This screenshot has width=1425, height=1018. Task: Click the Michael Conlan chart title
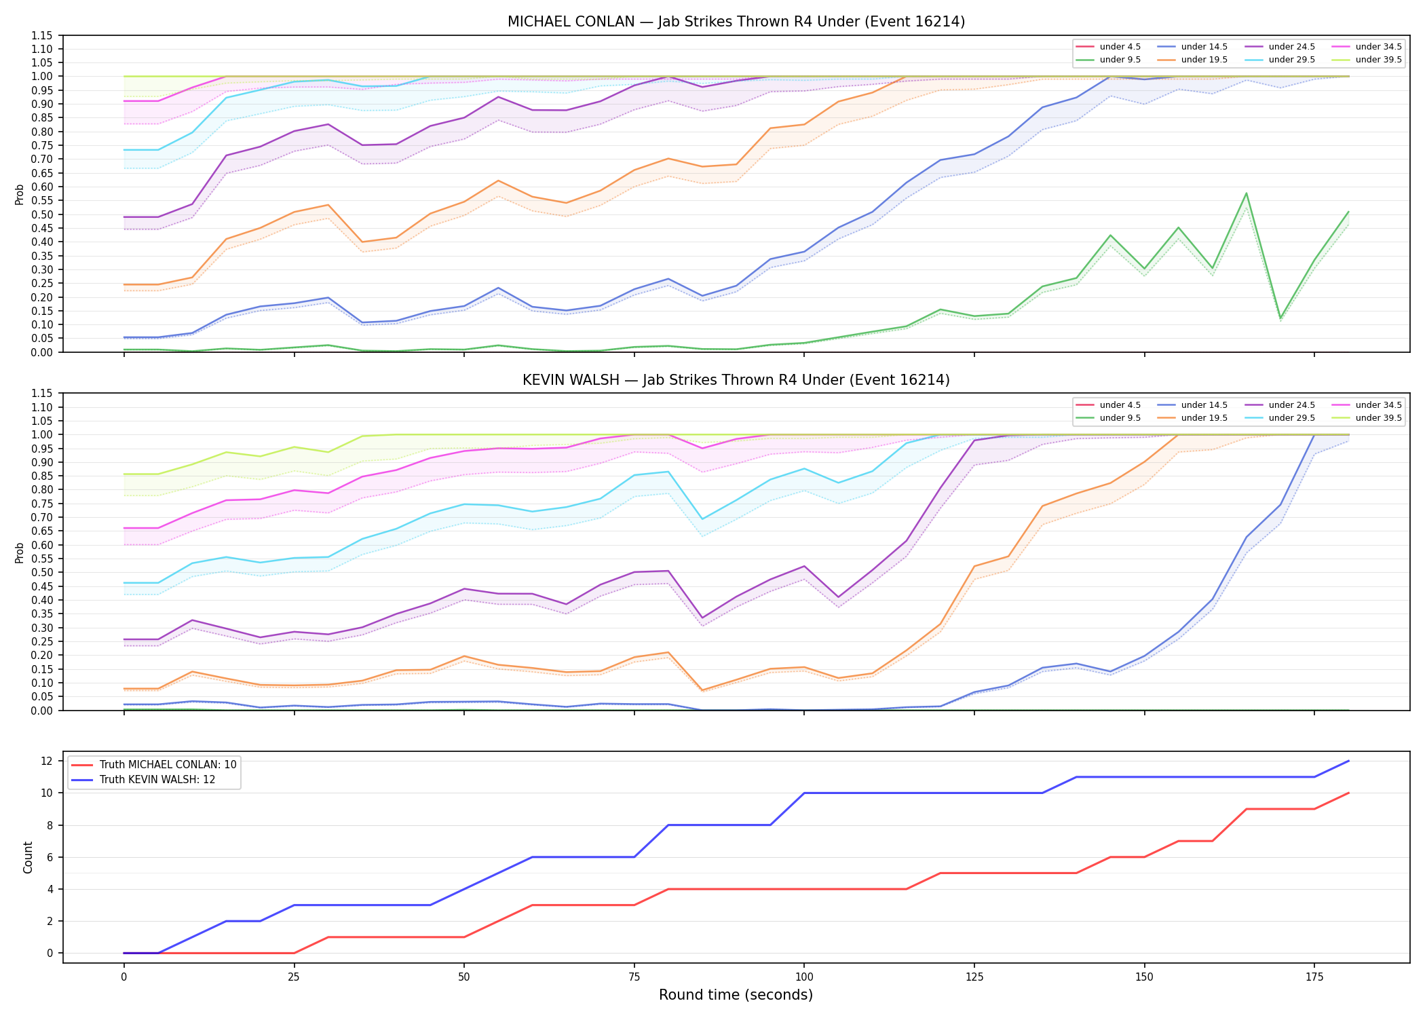click(736, 22)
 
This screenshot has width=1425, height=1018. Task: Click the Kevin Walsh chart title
click(736, 380)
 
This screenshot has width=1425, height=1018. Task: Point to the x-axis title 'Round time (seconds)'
click(736, 995)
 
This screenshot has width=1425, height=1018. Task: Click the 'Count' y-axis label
click(28, 857)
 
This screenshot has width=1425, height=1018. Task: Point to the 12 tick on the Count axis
click(47, 761)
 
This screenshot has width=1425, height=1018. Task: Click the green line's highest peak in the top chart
click(1246, 193)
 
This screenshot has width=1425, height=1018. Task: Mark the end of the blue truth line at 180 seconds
click(1348, 761)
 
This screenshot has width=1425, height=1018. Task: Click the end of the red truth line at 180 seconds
click(1348, 793)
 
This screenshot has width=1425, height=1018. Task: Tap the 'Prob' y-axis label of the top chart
click(20, 194)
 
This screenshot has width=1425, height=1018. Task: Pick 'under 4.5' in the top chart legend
click(1120, 47)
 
